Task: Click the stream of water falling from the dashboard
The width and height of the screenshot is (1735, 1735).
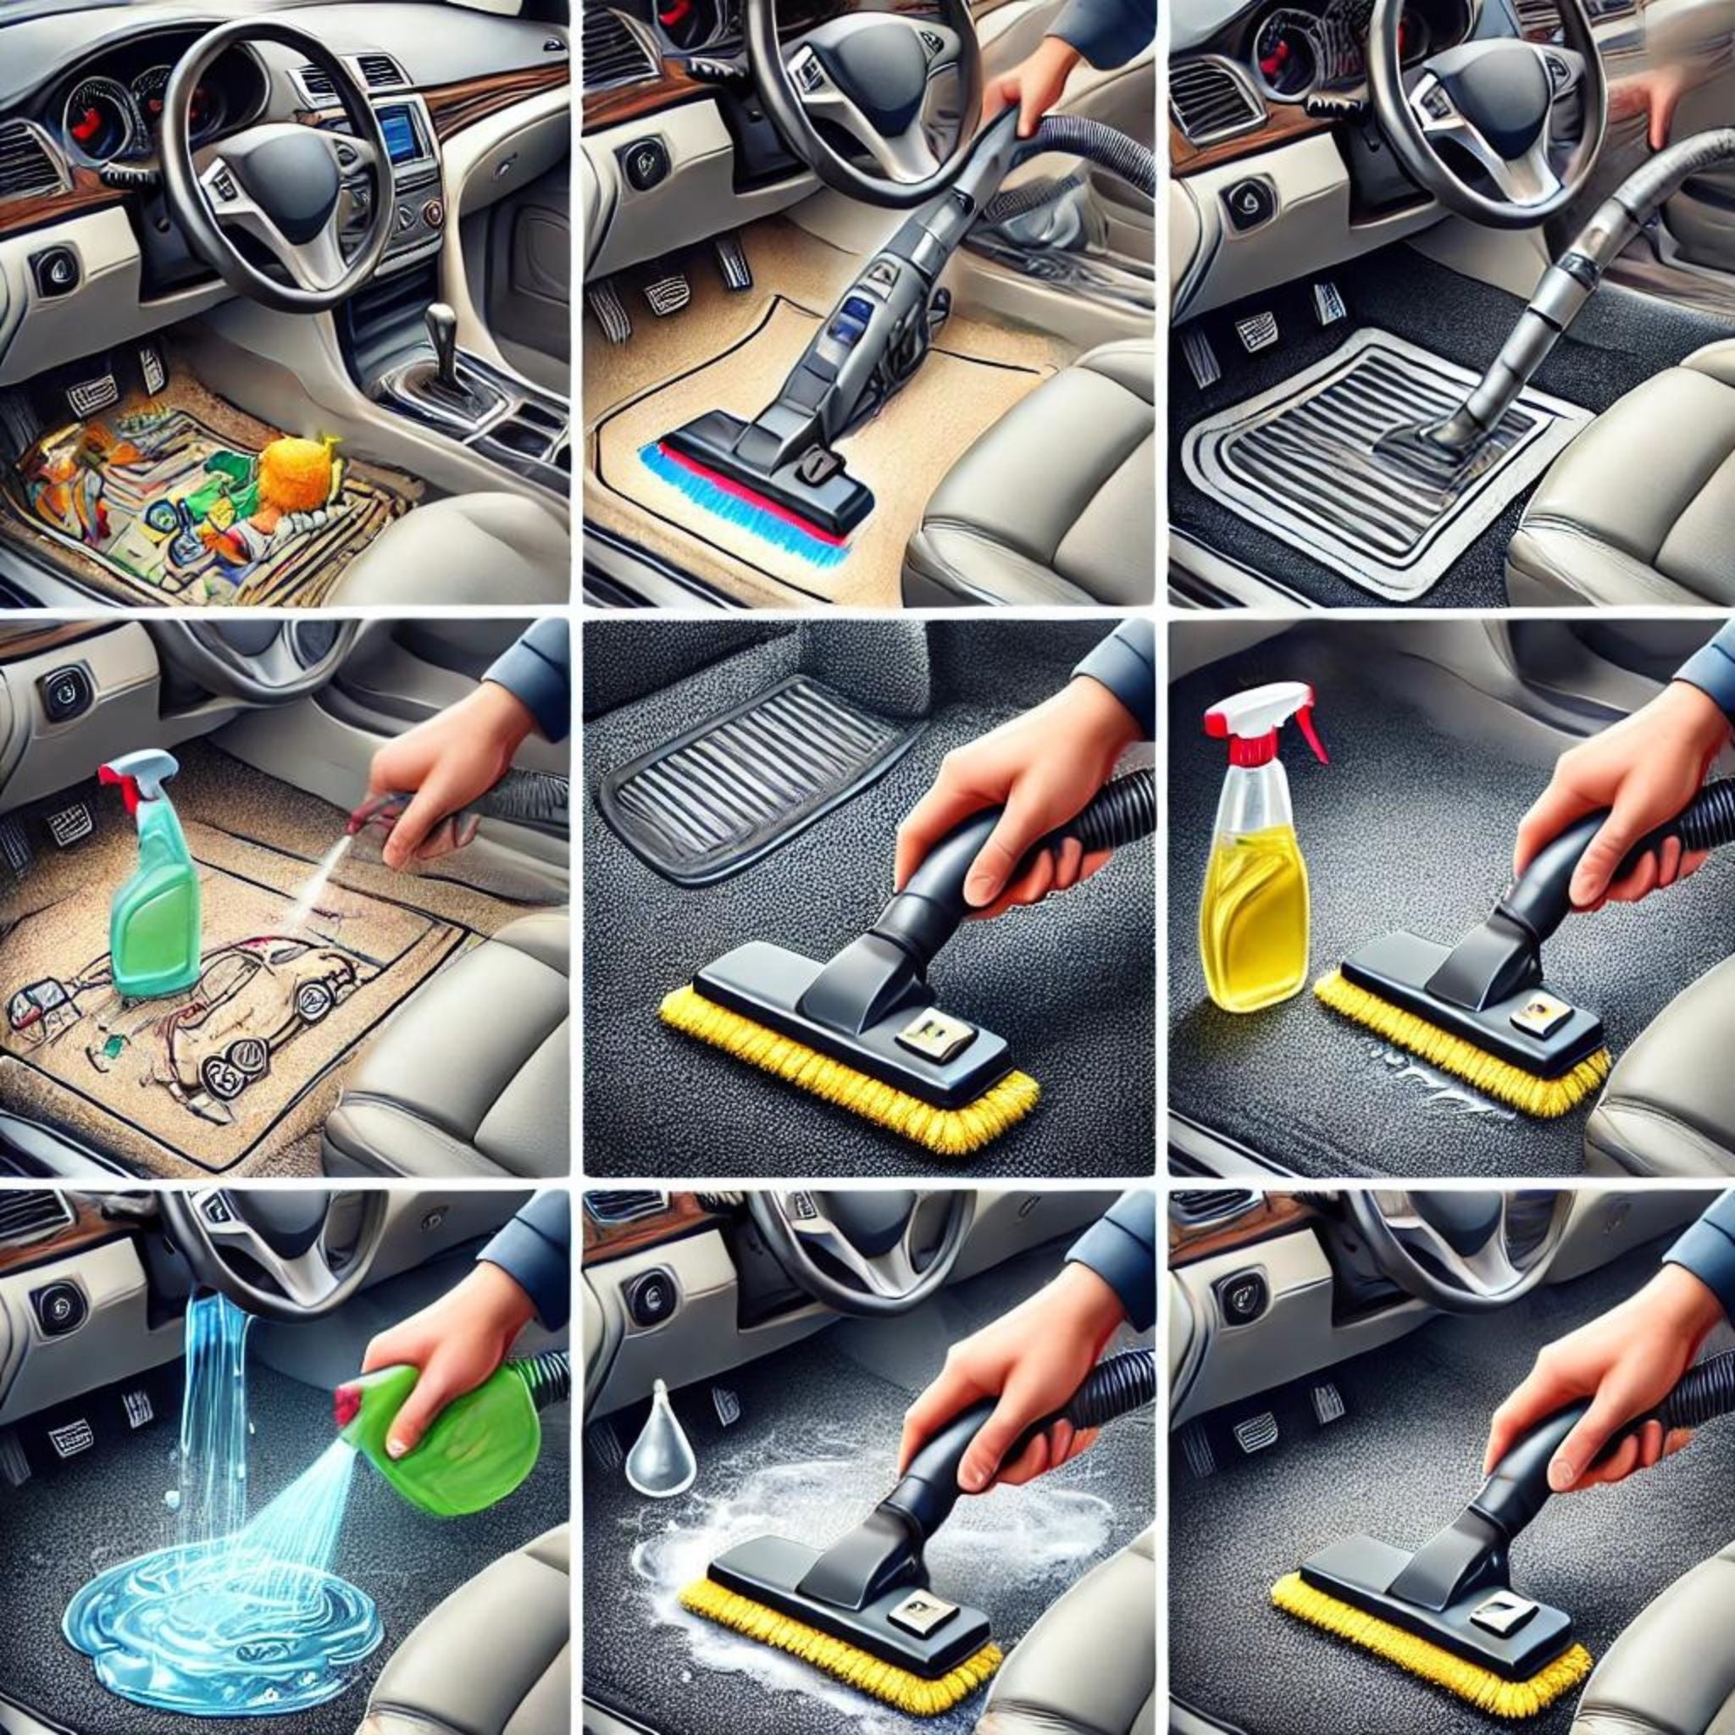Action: pos(215,1401)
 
